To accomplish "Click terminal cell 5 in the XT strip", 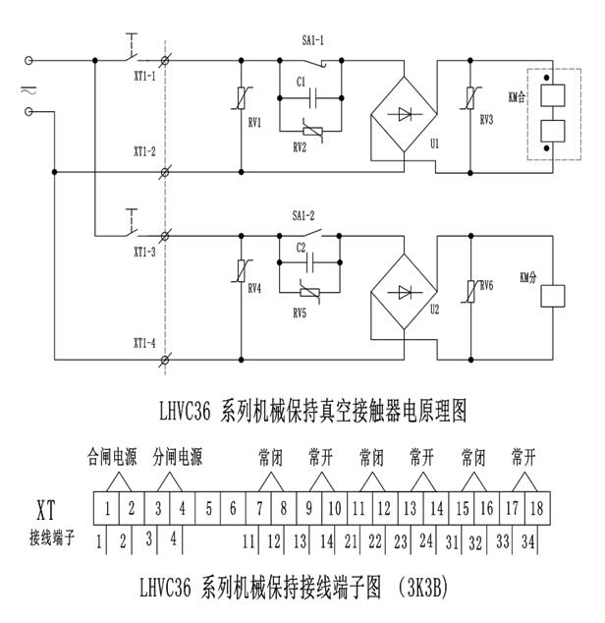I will tap(207, 508).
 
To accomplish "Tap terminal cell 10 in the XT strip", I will tap(335, 508).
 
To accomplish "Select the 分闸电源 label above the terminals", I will tap(177, 457).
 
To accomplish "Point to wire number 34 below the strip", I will tap(530, 540).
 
